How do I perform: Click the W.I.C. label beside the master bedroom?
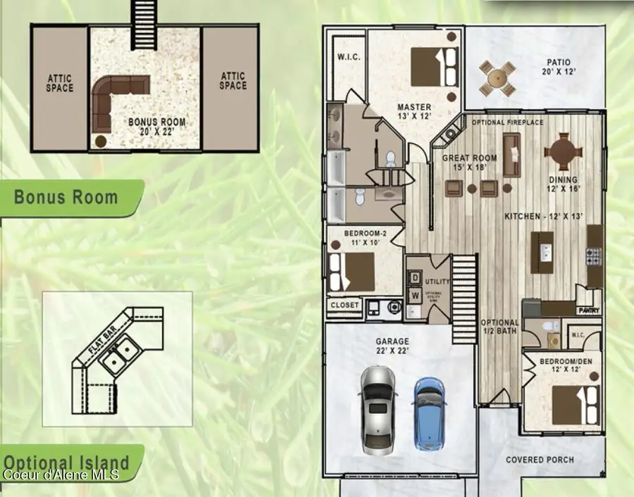(x=349, y=57)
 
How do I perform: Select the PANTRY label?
(x=588, y=309)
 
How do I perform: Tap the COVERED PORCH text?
(x=540, y=460)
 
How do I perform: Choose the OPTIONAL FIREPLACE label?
(x=507, y=122)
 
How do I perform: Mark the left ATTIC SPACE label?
(x=60, y=83)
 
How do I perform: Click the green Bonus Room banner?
(x=67, y=196)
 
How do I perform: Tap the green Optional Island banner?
(x=67, y=463)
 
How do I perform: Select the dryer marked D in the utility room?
(x=415, y=278)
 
